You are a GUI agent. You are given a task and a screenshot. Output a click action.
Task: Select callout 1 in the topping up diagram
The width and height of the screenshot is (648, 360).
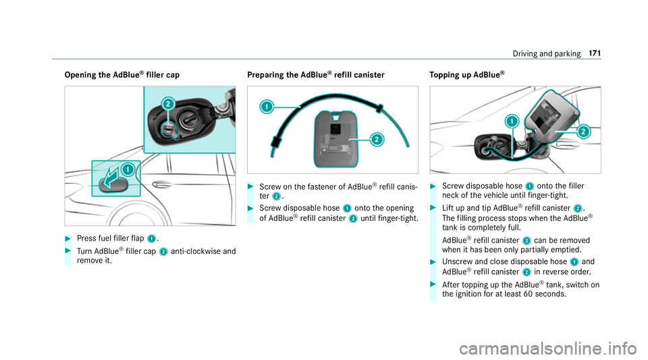pyautogui.click(x=512, y=122)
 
